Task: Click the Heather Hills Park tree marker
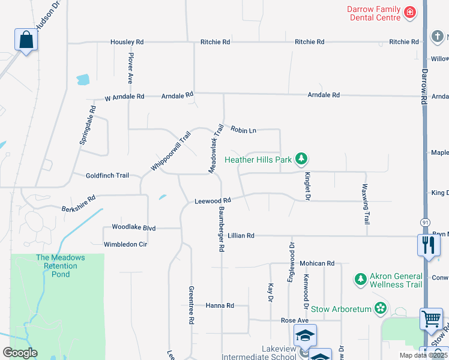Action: tap(301, 159)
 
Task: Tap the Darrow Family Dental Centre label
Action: tap(373, 13)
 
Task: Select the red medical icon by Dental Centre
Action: tap(410, 12)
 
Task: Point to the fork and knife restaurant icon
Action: tap(429, 245)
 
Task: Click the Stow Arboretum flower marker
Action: tap(380, 308)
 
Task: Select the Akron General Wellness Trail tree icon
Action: tap(360, 279)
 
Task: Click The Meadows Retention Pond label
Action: tap(60, 266)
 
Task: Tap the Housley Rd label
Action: tap(127, 42)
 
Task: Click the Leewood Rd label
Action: tap(212, 201)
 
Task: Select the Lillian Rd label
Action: tap(241, 236)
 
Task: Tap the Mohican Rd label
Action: tap(317, 263)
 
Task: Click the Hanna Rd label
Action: tap(220, 305)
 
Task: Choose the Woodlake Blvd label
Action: tap(133, 228)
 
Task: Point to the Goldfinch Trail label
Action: tap(107, 175)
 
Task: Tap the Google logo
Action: tap(20, 353)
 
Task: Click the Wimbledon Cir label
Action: tap(125, 244)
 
